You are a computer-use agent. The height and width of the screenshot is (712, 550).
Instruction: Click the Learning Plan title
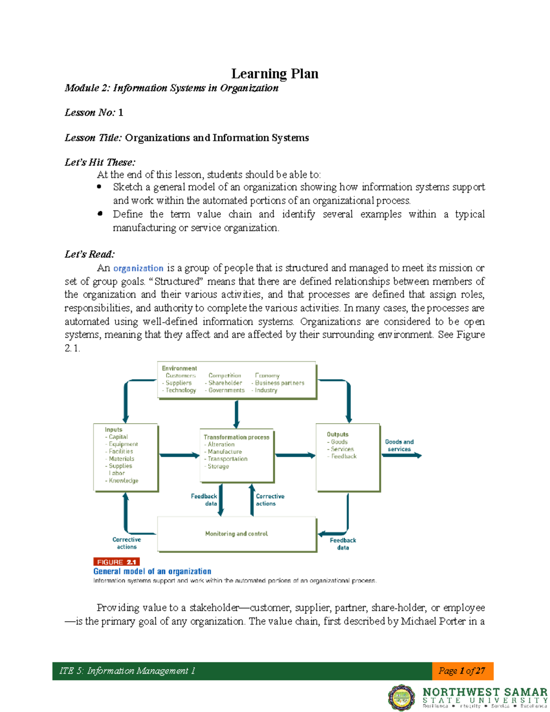pyautogui.click(x=275, y=73)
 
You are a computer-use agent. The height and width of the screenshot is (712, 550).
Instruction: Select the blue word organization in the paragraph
pyautogui.click(x=138, y=268)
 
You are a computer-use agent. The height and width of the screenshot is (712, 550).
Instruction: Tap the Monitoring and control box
pyautogui.click(x=236, y=534)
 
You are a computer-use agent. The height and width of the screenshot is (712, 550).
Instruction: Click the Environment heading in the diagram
pyautogui.click(x=179, y=368)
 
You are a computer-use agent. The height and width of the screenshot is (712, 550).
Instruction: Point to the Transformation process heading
pyautogui.click(x=236, y=437)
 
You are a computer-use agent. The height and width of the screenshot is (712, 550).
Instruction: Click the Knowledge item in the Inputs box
pyautogui.click(x=123, y=480)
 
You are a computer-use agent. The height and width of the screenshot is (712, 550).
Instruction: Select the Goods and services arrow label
pyautogui.click(x=399, y=445)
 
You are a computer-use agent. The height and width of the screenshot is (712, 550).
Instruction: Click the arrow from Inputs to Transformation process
pyautogui.click(x=179, y=455)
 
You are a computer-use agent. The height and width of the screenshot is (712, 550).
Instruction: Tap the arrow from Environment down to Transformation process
pyautogui.click(x=236, y=414)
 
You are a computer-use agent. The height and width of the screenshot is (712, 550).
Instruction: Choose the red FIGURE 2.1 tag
pyautogui.click(x=116, y=562)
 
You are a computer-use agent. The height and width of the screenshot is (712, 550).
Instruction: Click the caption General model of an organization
pyautogui.click(x=152, y=571)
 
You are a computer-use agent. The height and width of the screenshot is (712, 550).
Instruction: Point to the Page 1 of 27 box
pyautogui.click(x=462, y=671)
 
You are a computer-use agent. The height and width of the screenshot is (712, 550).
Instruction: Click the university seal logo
pyautogui.click(x=402, y=697)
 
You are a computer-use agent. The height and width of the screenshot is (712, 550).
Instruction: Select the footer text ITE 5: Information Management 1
pyautogui.click(x=127, y=671)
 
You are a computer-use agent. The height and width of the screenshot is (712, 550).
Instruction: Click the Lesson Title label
pyautogui.click(x=93, y=138)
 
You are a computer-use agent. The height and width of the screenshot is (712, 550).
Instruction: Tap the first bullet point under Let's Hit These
pyautogui.click(x=99, y=187)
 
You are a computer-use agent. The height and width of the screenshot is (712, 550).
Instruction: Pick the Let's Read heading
pyautogui.click(x=90, y=254)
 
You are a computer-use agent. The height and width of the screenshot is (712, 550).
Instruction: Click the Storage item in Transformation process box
pyautogui.click(x=218, y=466)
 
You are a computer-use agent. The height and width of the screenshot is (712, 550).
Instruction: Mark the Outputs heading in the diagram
pyautogui.click(x=337, y=434)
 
